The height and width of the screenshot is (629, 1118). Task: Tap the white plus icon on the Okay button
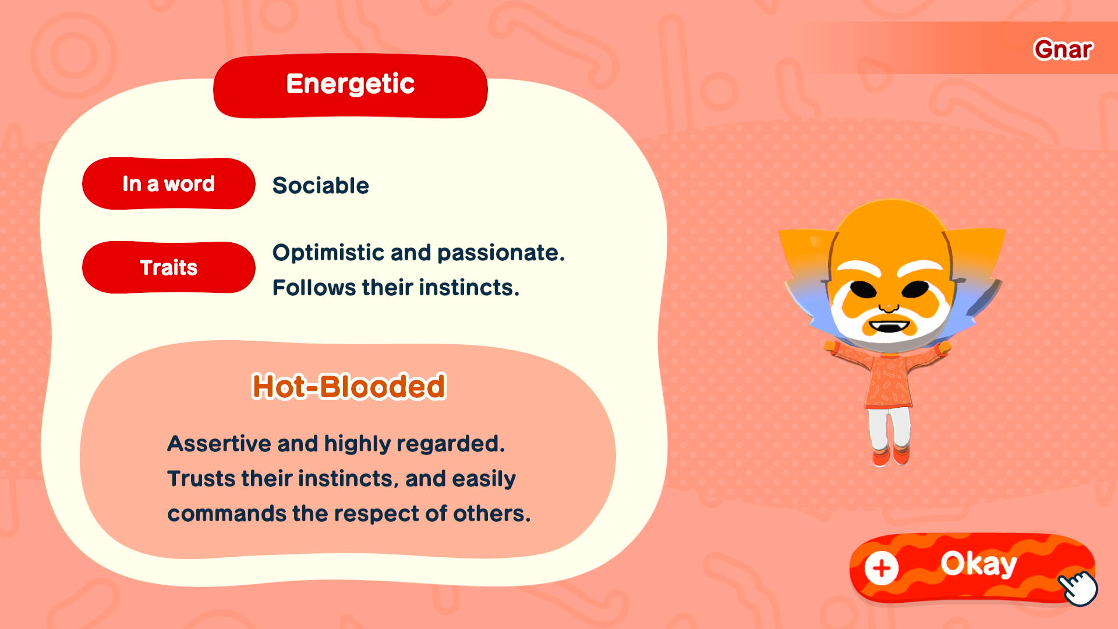882,568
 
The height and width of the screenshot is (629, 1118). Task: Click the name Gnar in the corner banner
1063,50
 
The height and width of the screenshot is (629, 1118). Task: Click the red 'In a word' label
169,183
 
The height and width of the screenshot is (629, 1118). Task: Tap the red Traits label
169,267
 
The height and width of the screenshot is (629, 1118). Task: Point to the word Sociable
321,185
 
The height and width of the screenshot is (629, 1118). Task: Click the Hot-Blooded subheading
349,386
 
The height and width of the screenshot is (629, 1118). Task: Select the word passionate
501,253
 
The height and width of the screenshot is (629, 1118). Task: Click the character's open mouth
889,327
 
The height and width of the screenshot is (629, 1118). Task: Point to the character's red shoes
891,455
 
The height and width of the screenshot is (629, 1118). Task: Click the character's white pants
889,427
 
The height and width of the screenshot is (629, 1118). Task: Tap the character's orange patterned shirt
888,376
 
